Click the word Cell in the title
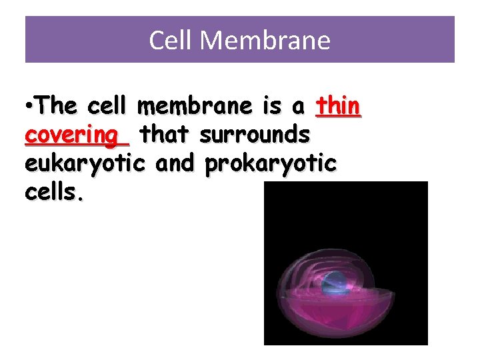tap(171, 41)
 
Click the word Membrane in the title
tap(265, 41)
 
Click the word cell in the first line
tap(109, 106)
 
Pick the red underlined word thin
tap(338, 106)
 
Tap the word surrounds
tap(254, 135)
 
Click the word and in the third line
tap(177, 163)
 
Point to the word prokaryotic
tap(270, 163)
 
